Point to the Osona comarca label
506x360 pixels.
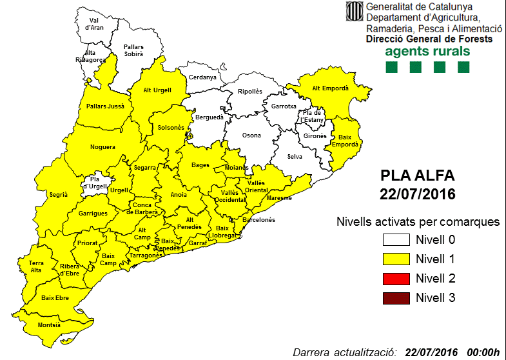click(251, 135)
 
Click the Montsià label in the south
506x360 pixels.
click(50, 325)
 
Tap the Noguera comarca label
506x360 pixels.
click(102, 147)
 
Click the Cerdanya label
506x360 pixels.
click(202, 77)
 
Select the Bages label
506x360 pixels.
click(200, 165)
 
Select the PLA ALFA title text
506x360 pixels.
click(417, 175)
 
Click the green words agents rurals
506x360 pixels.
click(427, 52)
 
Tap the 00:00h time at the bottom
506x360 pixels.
click(482, 352)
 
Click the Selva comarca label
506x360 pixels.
click(295, 157)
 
